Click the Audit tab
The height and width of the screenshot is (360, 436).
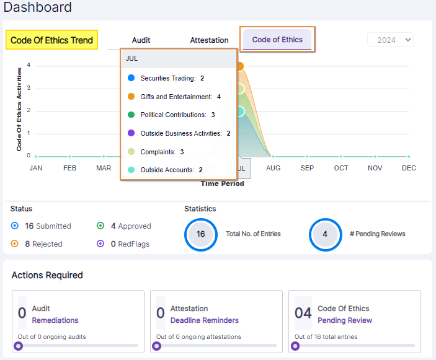pos(141,40)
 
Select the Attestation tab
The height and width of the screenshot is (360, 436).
pos(209,40)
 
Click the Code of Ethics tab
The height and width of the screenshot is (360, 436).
pos(277,40)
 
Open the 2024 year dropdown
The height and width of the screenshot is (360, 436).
pos(390,40)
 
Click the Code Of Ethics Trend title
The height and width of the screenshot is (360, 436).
pos(52,40)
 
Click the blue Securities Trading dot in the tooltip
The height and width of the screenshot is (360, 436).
pos(131,79)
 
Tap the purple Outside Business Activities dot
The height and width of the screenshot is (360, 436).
pos(131,133)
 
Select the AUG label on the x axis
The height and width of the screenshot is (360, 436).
pos(273,168)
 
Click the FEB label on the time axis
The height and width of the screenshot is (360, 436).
pos(70,168)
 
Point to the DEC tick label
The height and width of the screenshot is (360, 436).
pos(409,168)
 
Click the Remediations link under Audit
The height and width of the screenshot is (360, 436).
pos(55,320)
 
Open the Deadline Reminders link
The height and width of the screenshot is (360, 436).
pos(204,320)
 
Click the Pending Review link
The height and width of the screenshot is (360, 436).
pos(345,320)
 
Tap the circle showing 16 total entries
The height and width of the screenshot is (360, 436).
pos(200,234)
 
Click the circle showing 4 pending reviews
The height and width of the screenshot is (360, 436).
pos(325,234)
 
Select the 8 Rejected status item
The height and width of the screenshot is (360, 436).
pos(38,244)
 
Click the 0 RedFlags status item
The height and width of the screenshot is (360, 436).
pos(124,244)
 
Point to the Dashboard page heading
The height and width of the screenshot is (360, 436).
pos(38,8)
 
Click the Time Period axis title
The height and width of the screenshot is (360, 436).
pos(222,183)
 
